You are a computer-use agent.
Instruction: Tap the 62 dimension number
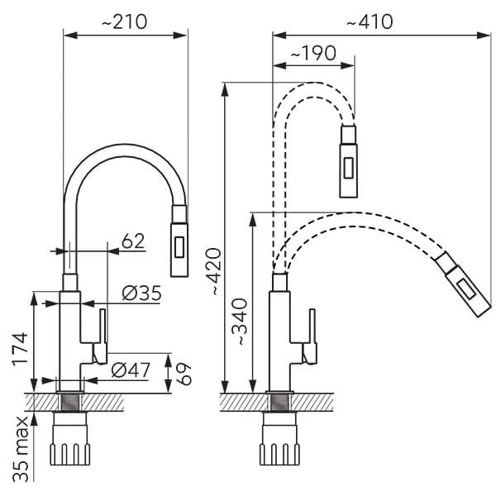click(132, 241)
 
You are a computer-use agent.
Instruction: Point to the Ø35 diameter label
click(141, 293)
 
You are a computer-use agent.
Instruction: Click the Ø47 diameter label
click(130, 370)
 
